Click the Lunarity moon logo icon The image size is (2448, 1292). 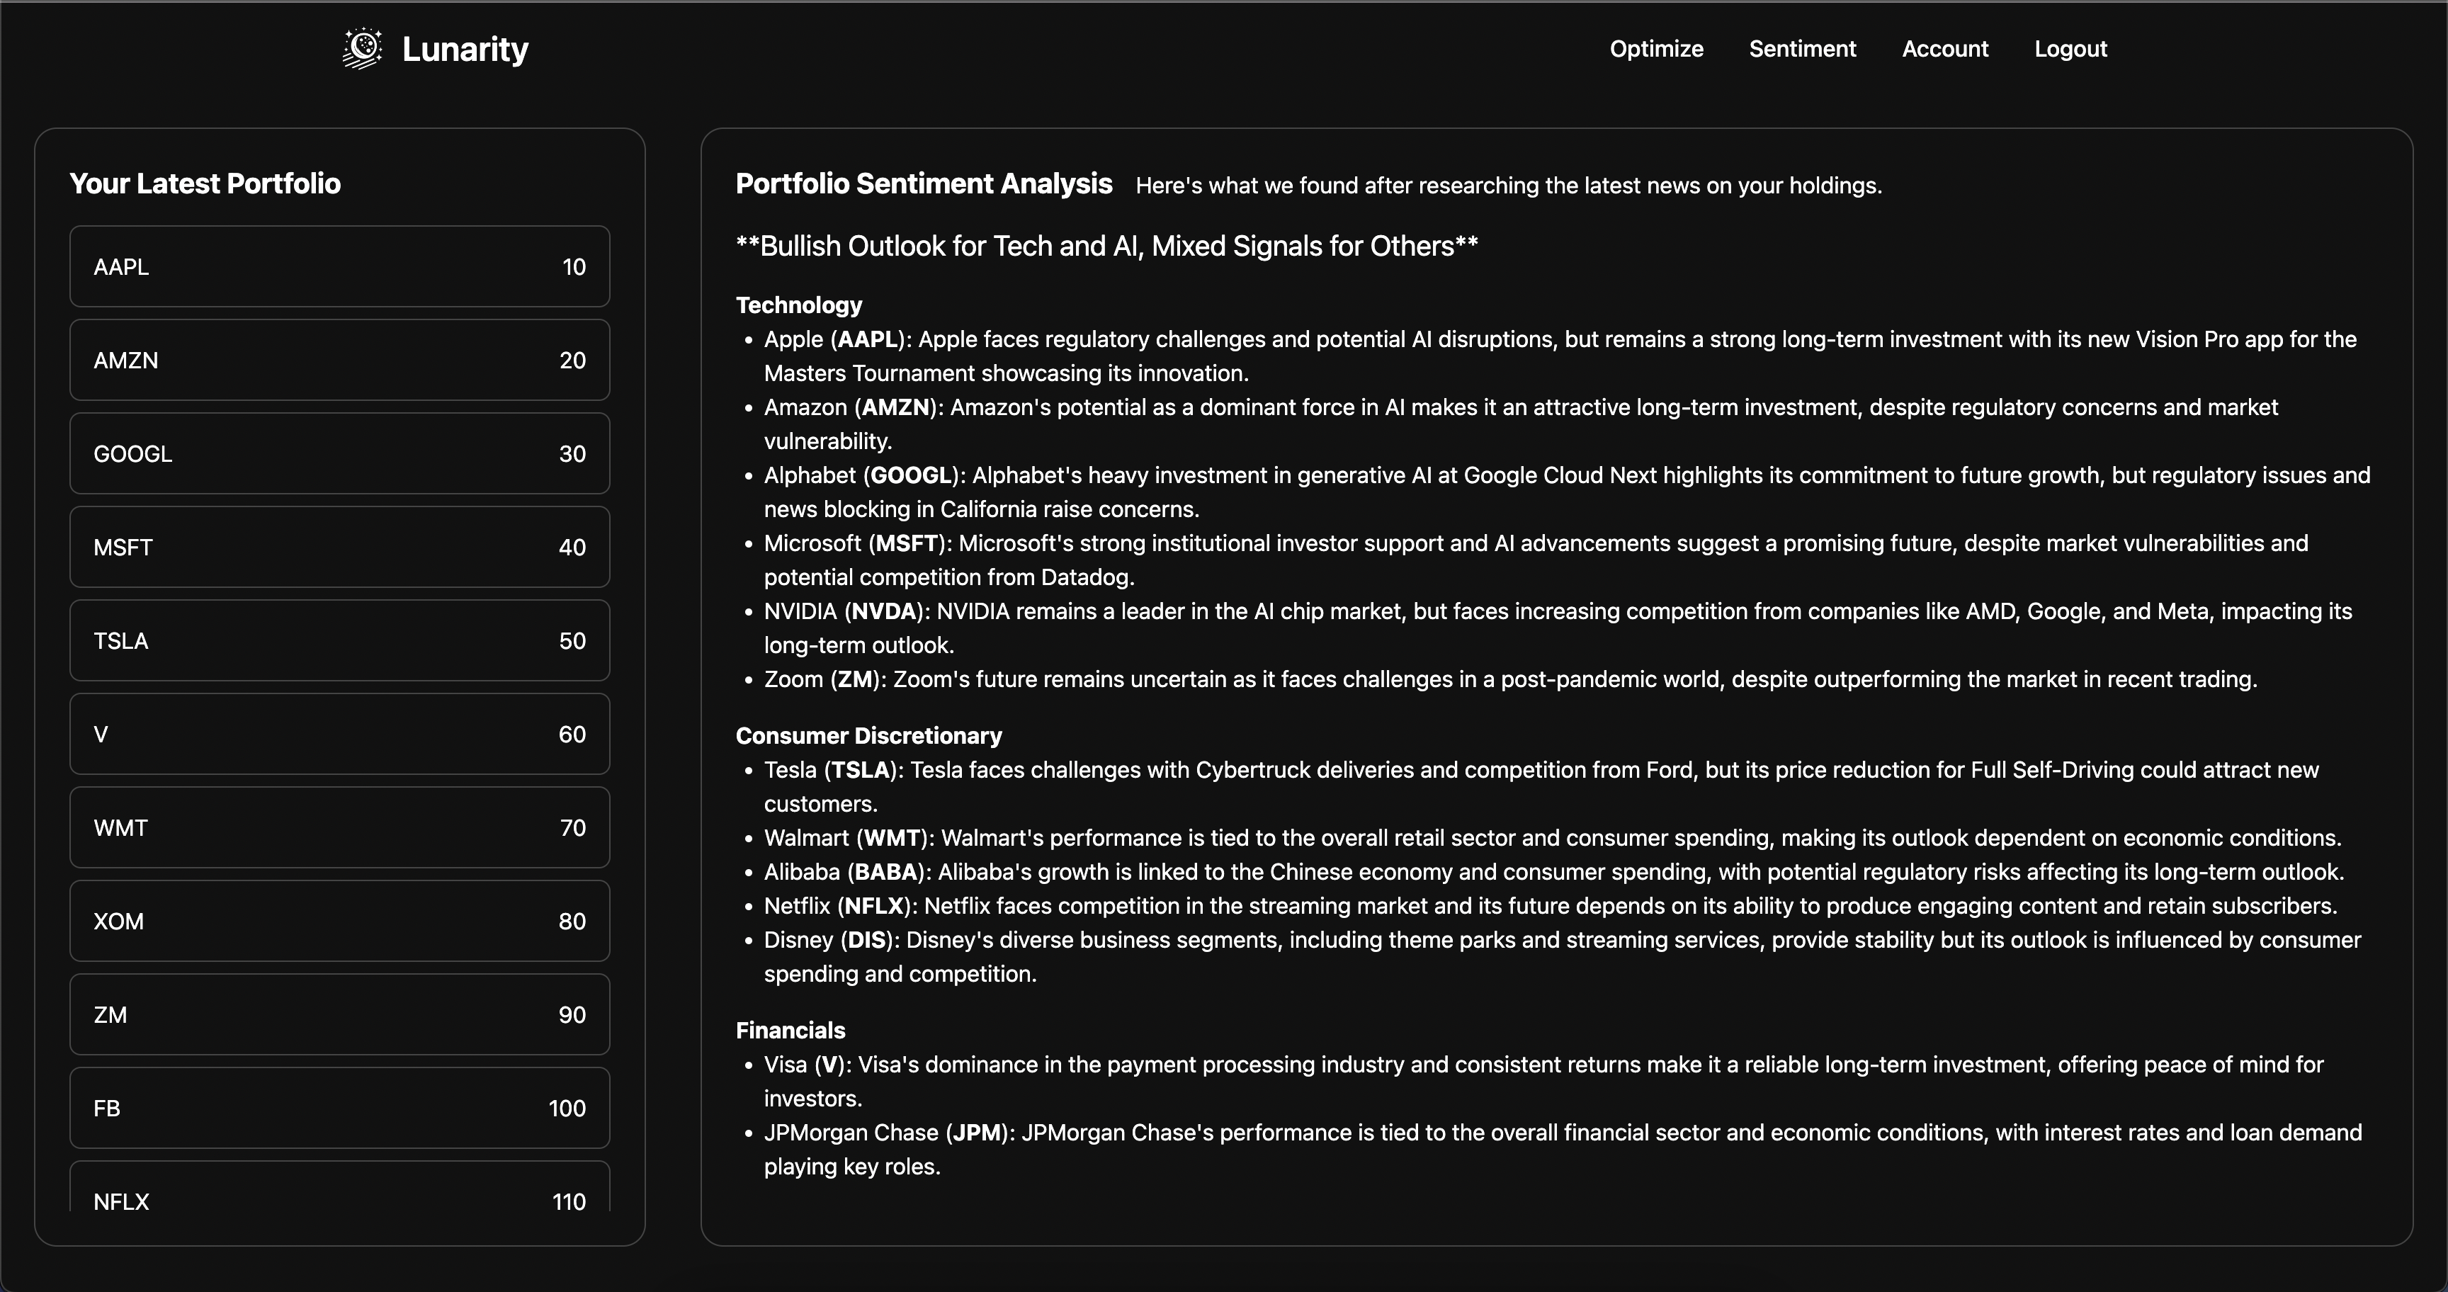pyautogui.click(x=362, y=48)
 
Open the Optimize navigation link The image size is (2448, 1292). pyautogui.click(x=1656, y=48)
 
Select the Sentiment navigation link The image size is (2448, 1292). pyautogui.click(x=1802, y=48)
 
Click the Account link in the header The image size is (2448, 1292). pyautogui.click(x=1944, y=48)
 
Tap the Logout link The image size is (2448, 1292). pyautogui.click(x=2070, y=48)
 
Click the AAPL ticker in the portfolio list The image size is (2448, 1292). pyautogui.click(x=120, y=267)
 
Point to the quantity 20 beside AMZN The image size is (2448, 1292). pyautogui.click(x=572, y=360)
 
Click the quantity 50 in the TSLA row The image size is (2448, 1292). pyautogui.click(x=572, y=640)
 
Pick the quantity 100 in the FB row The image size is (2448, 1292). pyautogui.click(x=567, y=1108)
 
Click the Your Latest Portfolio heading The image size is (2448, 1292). pyautogui.click(x=205, y=183)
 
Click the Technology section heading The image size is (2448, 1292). pyautogui.click(x=798, y=305)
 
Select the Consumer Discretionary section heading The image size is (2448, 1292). pyautogui.click(x=868, y=735)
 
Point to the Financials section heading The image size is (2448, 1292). pyautogui.click(x=790, y=1030)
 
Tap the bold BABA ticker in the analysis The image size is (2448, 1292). pyautogui.click(x=885, y=871)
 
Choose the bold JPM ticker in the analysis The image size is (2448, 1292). pyautogui.click(x=977, y=1133)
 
